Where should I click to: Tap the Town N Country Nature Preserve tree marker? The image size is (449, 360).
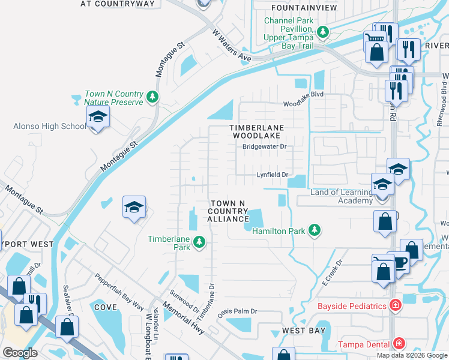click(152, 96)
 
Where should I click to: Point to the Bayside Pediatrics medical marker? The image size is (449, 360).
click(394, 306)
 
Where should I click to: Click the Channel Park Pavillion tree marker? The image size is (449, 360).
click(323, 32)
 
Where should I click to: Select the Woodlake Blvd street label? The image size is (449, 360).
click(304, 103)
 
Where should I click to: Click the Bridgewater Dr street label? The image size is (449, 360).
click(265, 146)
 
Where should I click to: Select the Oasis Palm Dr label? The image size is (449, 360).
click(237, 311)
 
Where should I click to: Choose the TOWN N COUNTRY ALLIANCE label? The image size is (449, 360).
click(227, 212)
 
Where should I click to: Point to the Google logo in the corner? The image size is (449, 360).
click(19, 353)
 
